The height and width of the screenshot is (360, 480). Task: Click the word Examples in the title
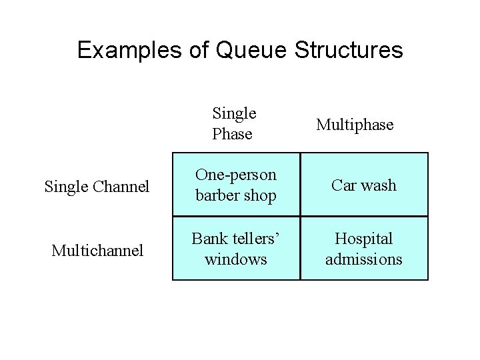pyautogui.click(x=131, y=50)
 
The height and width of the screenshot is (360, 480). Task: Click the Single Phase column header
pyautogui.click(x=234, y=124)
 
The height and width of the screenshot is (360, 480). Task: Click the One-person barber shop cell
pyautogui.click(x=235, y=185)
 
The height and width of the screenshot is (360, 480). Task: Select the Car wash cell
pyautogui.click(x=364, y=185)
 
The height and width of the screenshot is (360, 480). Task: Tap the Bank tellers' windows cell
pyautogui.click(x=235, y=249)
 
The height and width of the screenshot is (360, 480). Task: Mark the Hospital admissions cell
pyautogui.click(x=364, y=249)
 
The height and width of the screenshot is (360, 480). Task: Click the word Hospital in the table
pyautogui.click(x=364, y=239)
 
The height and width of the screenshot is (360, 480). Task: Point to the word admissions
pyautogui.click(x=364, y=259)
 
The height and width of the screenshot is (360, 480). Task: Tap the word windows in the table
pyautogui.click(x=235, y=259)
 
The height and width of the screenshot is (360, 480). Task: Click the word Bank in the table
pyautogui.click(x=207, y=239)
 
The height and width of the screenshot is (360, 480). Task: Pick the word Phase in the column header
pyautogui.click(x=232, y=134)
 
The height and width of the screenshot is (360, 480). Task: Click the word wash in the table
pyautogui.click(x=379, y=185)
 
